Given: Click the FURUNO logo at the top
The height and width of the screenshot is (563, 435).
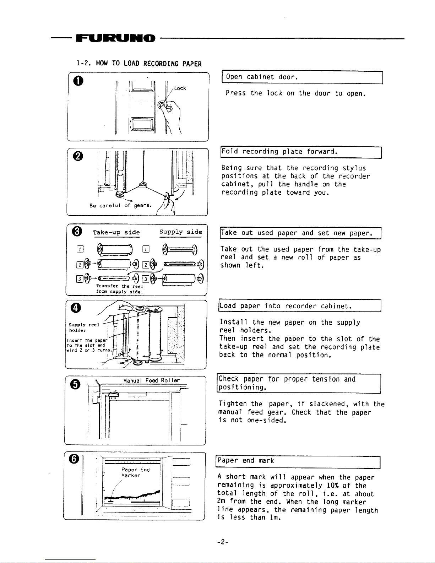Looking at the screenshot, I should (115, 38).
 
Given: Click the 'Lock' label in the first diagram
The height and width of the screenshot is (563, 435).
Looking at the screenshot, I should (180, 88).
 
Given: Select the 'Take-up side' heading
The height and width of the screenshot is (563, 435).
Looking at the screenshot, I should (116, 232).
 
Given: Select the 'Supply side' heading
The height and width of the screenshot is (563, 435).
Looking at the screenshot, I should (181, 232).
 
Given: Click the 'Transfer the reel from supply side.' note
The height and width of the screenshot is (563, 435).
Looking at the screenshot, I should (120, 289).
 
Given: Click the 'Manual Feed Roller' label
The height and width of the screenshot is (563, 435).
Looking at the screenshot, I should (152, 380).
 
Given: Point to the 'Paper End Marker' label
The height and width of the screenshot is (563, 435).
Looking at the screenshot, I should (135, 472).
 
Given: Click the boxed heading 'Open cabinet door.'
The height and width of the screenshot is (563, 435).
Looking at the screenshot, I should (262, 77).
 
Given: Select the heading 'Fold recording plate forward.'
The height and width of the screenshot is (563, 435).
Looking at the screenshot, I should (279, 152).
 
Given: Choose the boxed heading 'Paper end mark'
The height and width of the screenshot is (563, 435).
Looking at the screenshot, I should (246, 461).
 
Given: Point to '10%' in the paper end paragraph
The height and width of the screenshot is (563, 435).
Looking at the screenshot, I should (333, 486).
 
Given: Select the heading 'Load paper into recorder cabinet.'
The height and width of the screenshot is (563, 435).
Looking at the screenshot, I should (286, 306).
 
